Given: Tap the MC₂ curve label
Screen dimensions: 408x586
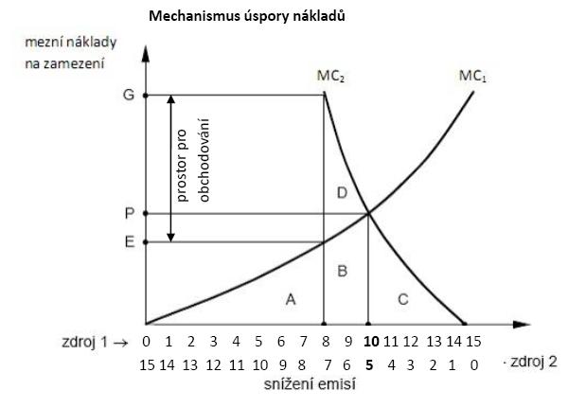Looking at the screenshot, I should pos(329,74).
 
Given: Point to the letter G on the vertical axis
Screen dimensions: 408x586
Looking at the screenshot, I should pos(130,96).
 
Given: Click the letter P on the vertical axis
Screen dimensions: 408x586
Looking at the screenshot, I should pos(130,214).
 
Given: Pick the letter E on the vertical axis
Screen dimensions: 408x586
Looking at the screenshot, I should pos(130,242).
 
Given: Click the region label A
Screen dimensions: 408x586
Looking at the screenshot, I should pos(291,299).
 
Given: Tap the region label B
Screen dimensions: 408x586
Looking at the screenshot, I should pos(344,272).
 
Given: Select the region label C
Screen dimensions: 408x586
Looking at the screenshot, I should pos(402,300).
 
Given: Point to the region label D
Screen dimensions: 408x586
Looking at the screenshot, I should pos(343,194).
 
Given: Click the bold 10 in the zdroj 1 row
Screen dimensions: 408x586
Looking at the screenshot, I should pos(371,342).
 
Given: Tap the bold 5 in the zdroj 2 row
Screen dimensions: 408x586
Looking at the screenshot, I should pos(371,363).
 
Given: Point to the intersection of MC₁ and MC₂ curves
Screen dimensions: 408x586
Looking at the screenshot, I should pos(368,214).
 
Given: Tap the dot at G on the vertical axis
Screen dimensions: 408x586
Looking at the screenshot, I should pos(146,95).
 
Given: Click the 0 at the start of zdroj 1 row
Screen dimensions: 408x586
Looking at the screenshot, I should pos(147,342).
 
